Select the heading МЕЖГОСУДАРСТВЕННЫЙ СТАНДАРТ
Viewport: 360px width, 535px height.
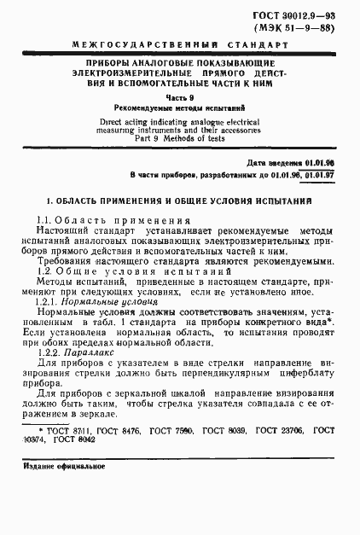click(180, 43)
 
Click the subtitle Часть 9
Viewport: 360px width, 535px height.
click(180, 98)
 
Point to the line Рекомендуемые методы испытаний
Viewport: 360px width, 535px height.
click(180, 110)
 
